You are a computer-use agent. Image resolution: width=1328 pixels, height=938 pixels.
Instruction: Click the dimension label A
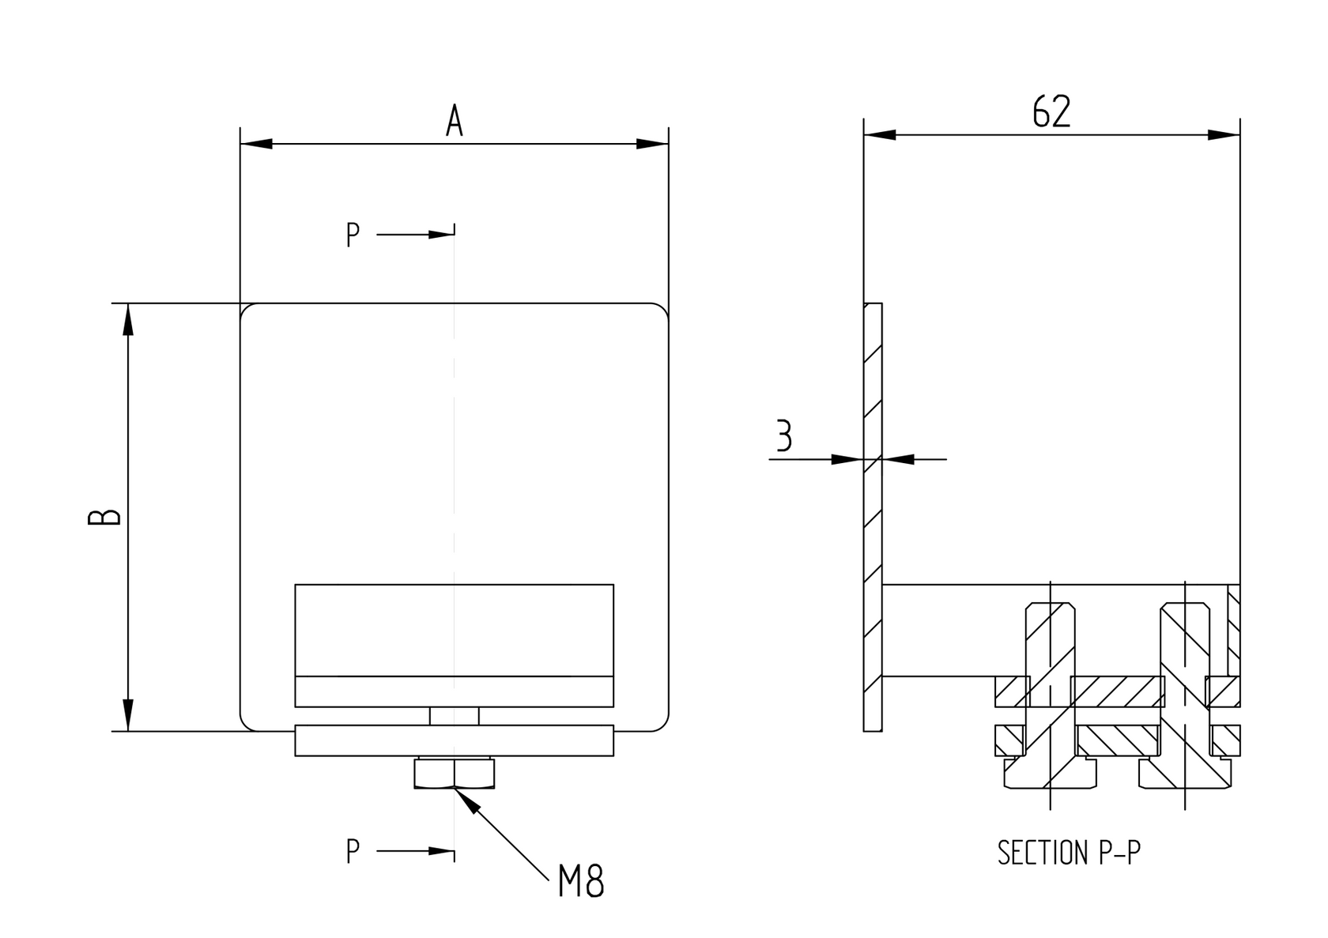click(454, 121)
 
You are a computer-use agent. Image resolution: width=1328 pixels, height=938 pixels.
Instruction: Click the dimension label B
click(104, 517)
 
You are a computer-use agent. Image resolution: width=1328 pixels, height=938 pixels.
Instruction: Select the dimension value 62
click(1051, 111)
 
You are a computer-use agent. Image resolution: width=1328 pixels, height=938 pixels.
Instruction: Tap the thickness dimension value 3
click(783, 435)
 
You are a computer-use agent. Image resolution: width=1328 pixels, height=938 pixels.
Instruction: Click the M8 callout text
click(581, 882)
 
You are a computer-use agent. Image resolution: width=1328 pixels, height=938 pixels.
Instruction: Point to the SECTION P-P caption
click(1069, 853)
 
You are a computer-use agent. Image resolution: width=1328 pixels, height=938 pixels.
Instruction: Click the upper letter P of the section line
click(353, 235)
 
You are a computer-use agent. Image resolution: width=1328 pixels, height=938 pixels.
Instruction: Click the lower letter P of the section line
click(353, 851)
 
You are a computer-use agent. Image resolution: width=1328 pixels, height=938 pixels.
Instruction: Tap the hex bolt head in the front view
click(455, 774)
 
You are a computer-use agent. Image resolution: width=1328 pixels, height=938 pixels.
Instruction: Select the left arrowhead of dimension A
click(256, 144)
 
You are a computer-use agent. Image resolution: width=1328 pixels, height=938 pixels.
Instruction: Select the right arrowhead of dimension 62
click(1224, 135)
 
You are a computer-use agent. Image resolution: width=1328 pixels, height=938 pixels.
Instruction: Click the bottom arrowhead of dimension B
click(128, 715)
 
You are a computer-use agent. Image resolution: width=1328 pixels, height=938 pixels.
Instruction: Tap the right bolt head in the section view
click(1186, 774)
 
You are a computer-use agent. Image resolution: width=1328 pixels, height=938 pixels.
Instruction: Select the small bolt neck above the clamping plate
click(455, 716)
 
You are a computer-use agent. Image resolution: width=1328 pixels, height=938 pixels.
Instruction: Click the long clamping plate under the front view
click(455, 740)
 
